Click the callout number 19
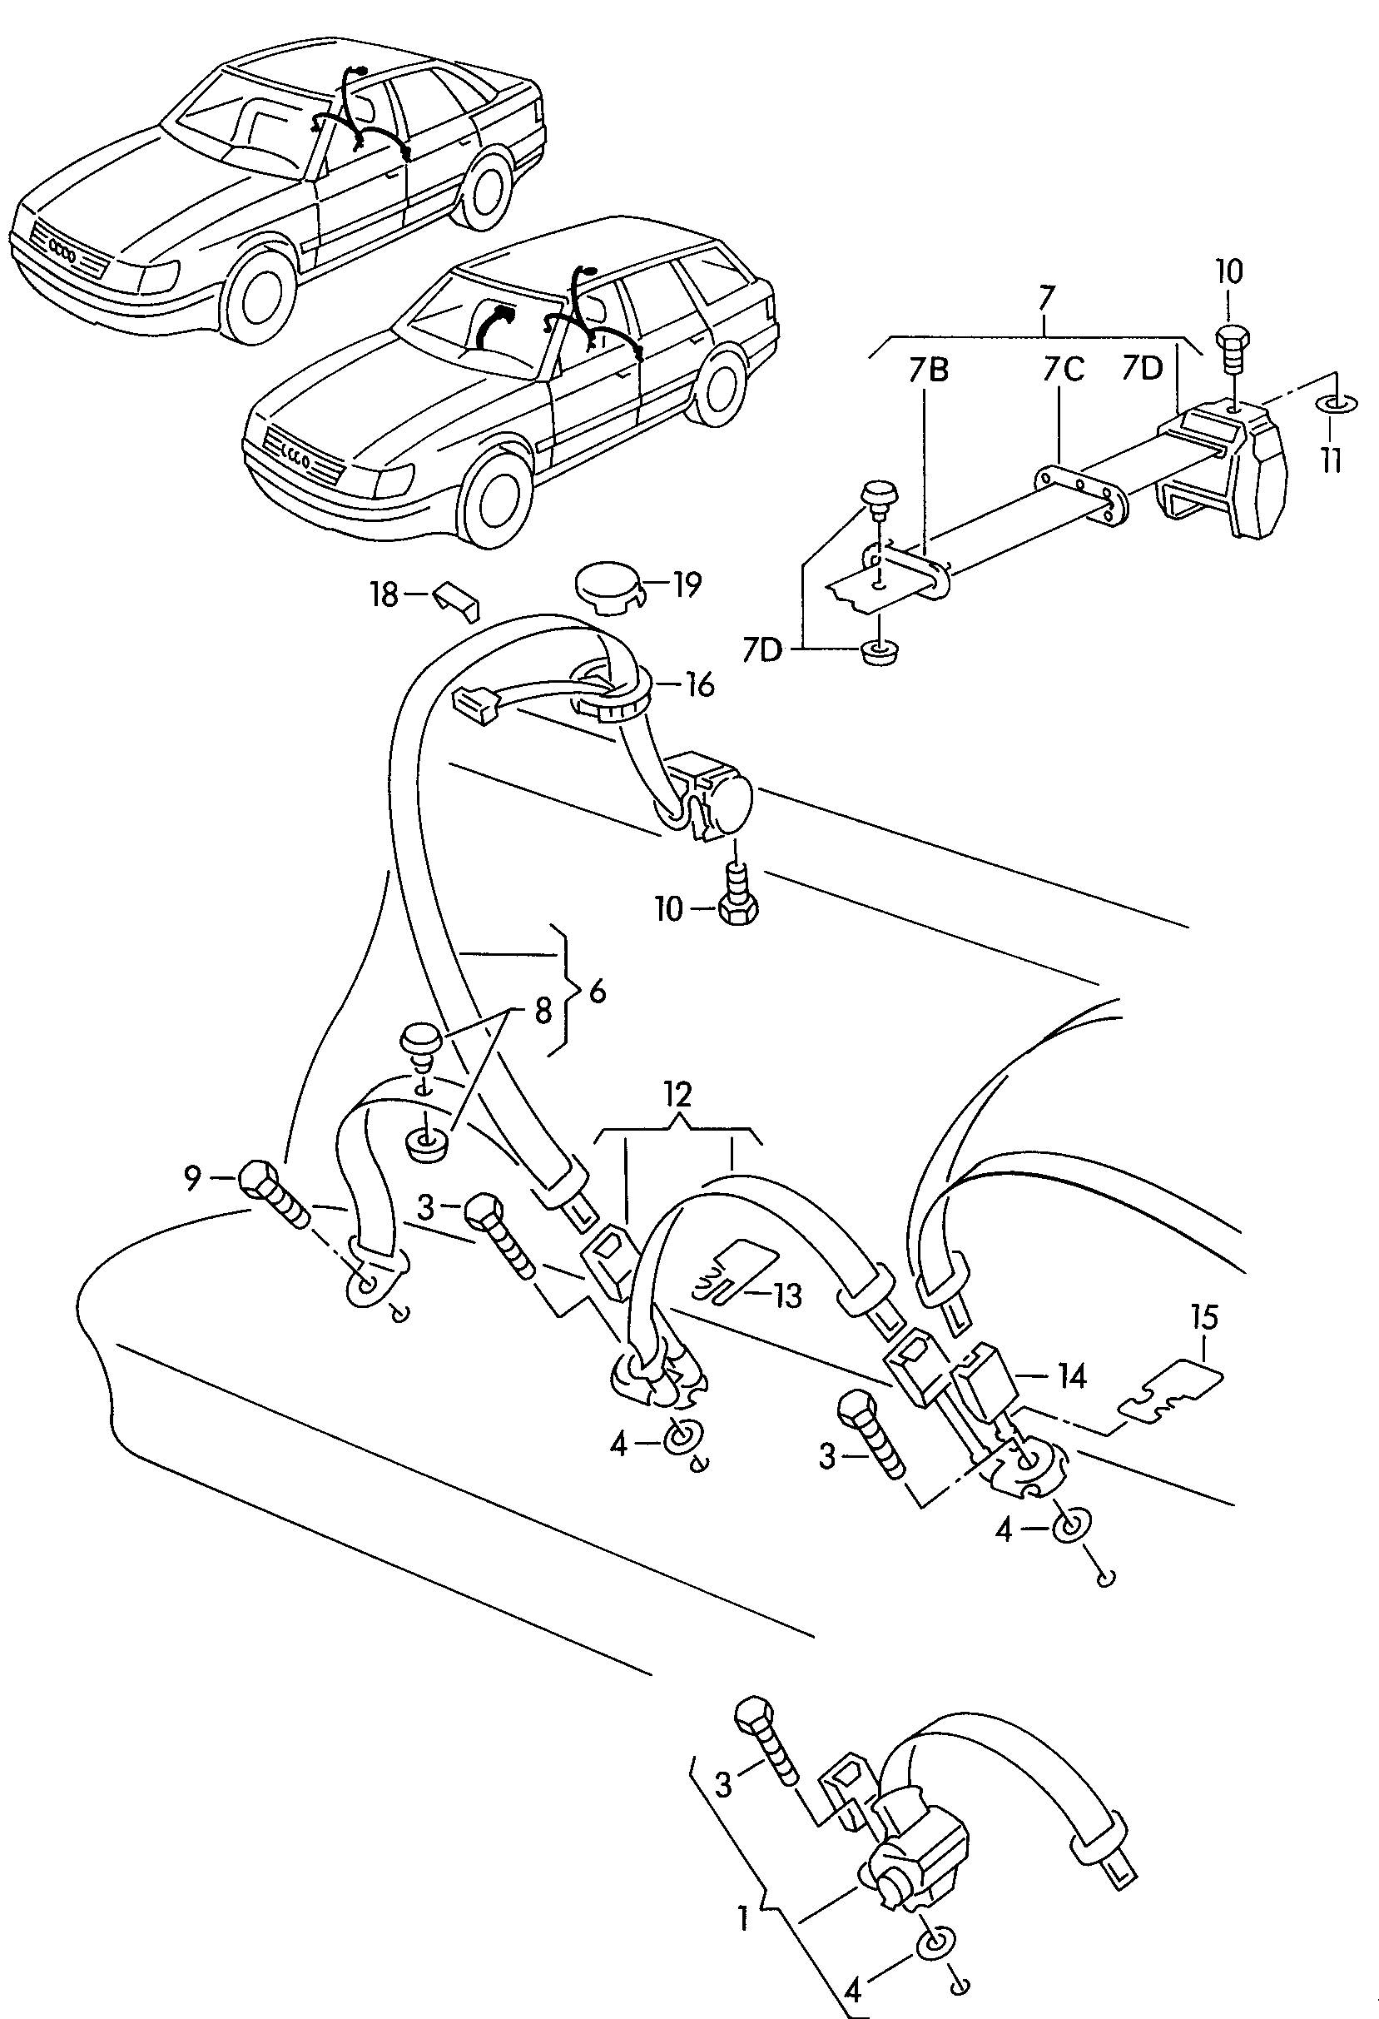pos(687,584)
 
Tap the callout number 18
pos(383,595)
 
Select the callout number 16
pos(699,684)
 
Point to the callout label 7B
pos(928,371)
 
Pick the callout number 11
pos(1332,459)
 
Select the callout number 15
pos(1204,1317)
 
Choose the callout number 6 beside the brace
pos(598,992)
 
